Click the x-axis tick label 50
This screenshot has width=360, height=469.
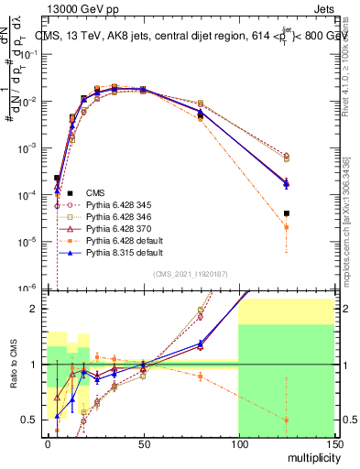[x=143, y=444]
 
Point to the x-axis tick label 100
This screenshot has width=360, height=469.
[x=238, y=444]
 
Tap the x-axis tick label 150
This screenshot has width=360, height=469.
[x=333, y=444]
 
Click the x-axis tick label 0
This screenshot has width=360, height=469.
[x=48, y=444]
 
